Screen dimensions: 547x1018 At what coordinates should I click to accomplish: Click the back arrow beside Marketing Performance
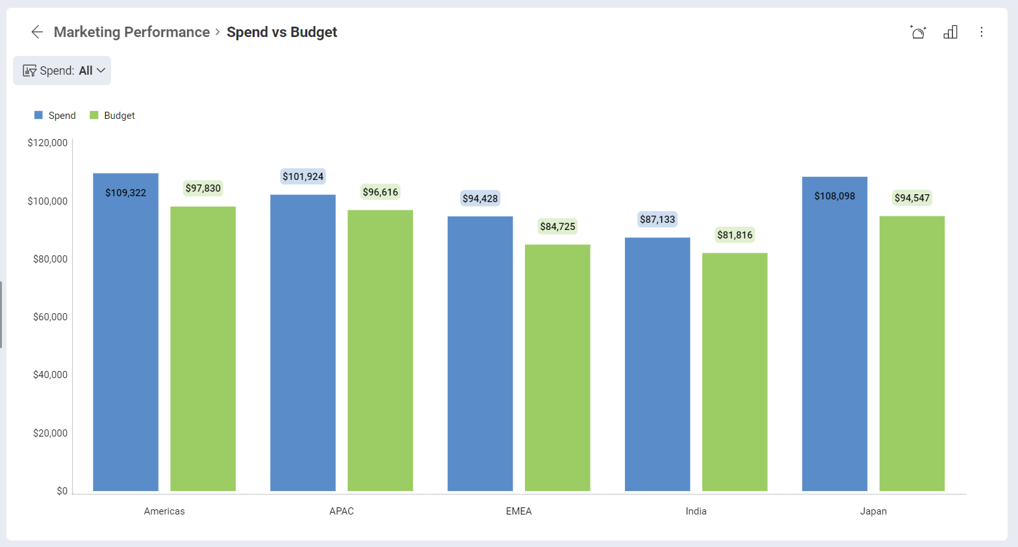tap(37, 32)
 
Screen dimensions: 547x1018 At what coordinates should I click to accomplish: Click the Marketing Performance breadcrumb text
tap(131, 32)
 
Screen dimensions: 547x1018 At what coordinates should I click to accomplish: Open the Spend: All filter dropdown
tap(62, 70)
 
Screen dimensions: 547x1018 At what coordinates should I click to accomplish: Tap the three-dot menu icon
tap(981, 32)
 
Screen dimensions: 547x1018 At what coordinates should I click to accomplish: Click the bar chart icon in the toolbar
tap(950, 32)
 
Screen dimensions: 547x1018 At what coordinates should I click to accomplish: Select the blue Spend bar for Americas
tap(125, 338)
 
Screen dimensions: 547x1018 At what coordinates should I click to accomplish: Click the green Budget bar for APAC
tap(380, 351)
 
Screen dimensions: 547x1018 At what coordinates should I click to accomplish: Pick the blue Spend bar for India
tap(657, 364)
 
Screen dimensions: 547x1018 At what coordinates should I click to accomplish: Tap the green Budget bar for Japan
tap(911, 354)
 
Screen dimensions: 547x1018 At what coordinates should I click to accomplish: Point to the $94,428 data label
tap(480, 199)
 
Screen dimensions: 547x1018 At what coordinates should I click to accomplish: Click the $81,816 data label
tap(735, 235)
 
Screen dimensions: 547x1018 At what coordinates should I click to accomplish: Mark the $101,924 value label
tap(303, 177)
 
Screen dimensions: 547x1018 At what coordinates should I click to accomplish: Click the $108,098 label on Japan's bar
tap(834, 196)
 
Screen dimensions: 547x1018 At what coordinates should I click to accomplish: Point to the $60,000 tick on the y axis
tap(50, 317)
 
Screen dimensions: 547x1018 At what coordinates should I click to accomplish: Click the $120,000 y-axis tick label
tap(47, 143)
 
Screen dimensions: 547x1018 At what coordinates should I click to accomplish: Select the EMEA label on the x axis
tap(518, 511)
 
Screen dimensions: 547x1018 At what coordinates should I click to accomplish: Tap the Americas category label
tap(164, 511)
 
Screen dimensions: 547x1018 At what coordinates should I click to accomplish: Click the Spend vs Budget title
tap(281, 32)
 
